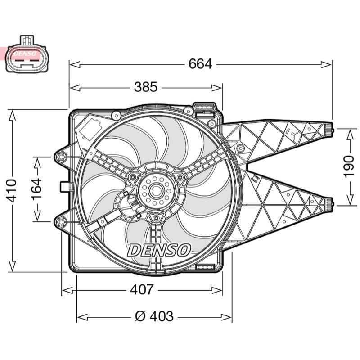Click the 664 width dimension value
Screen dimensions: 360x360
click(x=200, y=64)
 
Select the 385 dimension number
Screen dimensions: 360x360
click(x=146, y=87)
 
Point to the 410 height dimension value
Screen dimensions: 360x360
click(x=12, y=191)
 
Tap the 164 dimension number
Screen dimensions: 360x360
click(x=37, y=189)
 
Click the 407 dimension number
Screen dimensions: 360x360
click(x=142, y=290)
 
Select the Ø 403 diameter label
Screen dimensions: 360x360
click(x=154, y=316)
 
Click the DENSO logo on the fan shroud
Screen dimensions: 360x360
click(x=159, y=250)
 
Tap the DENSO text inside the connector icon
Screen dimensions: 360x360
click(x=25, y=54)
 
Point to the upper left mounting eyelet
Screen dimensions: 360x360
click(x=61, y=157)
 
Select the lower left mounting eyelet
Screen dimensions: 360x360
click(x=61, y=222)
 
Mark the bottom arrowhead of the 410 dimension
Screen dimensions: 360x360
click(x=12, y=266)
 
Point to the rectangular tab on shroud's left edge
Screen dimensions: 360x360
click(x=65, y=187)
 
